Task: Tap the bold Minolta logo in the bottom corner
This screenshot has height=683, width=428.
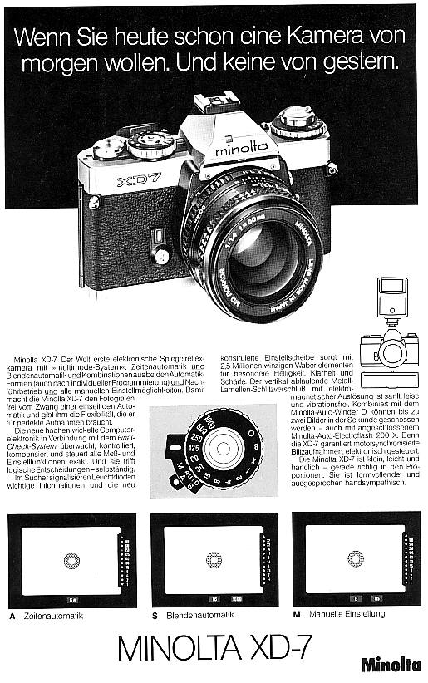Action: (x=390, y=664)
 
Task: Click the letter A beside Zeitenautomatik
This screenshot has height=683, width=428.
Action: (x=12, y=616)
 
